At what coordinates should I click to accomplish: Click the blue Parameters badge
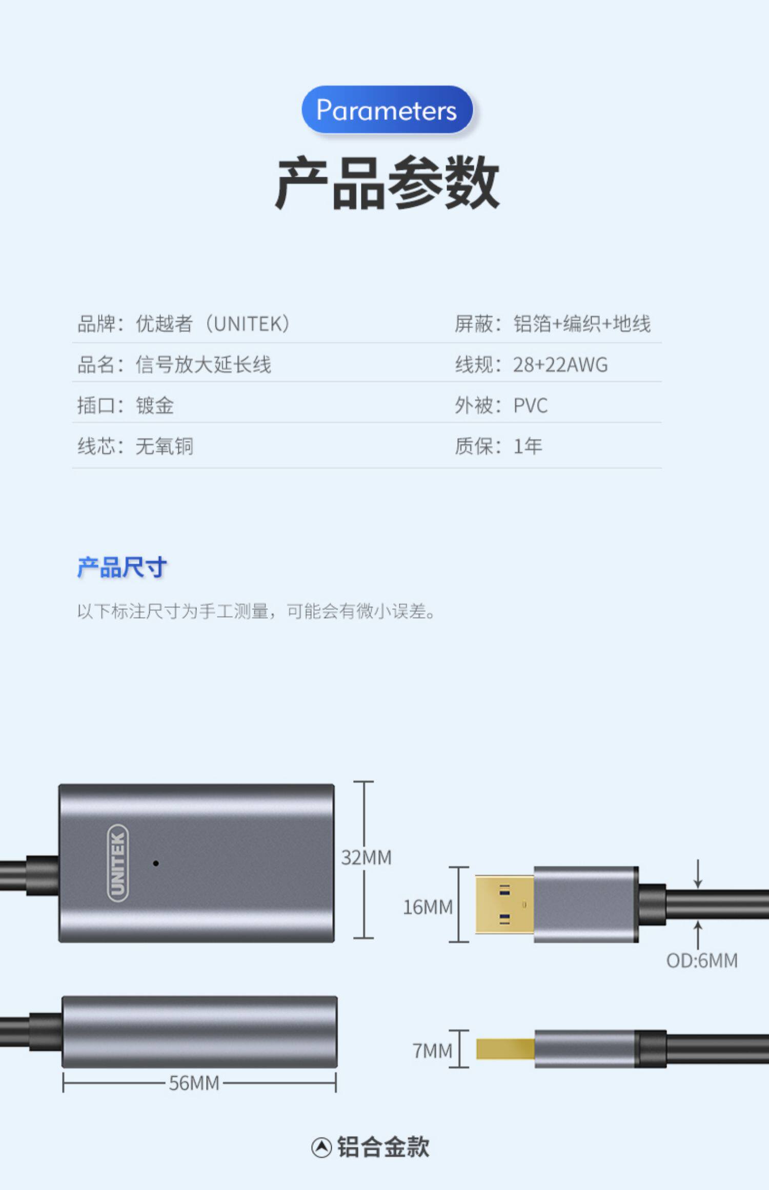tap(387, 110)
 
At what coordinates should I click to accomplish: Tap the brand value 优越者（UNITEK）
tap(213, 324)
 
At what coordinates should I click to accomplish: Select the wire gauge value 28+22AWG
tap(560, 365)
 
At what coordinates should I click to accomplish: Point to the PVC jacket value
tap(530, 406)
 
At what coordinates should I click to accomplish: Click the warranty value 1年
tap(528, 446)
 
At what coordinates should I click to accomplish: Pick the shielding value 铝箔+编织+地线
tap(582, 324)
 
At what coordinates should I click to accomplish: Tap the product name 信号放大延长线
tap(203, 365)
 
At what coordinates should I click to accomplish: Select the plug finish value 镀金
tap(155, 406)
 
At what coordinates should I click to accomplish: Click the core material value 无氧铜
tap(165, 446)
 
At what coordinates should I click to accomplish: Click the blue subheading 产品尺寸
tap(122, 568)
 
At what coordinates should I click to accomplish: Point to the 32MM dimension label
tap(366, 858)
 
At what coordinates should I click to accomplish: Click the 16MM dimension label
tap(428, 908)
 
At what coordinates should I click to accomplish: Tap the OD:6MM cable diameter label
tap(702, 960)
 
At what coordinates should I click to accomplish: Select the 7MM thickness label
tap(433, 1051)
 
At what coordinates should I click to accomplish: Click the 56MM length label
tap(194, 1083)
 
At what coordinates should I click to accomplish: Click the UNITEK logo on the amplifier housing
tap(117, 863)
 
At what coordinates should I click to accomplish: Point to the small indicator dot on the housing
tap(156, 864)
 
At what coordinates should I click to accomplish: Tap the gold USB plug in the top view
tap(504, 905)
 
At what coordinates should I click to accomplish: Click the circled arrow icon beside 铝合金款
tap(321, 1147)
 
